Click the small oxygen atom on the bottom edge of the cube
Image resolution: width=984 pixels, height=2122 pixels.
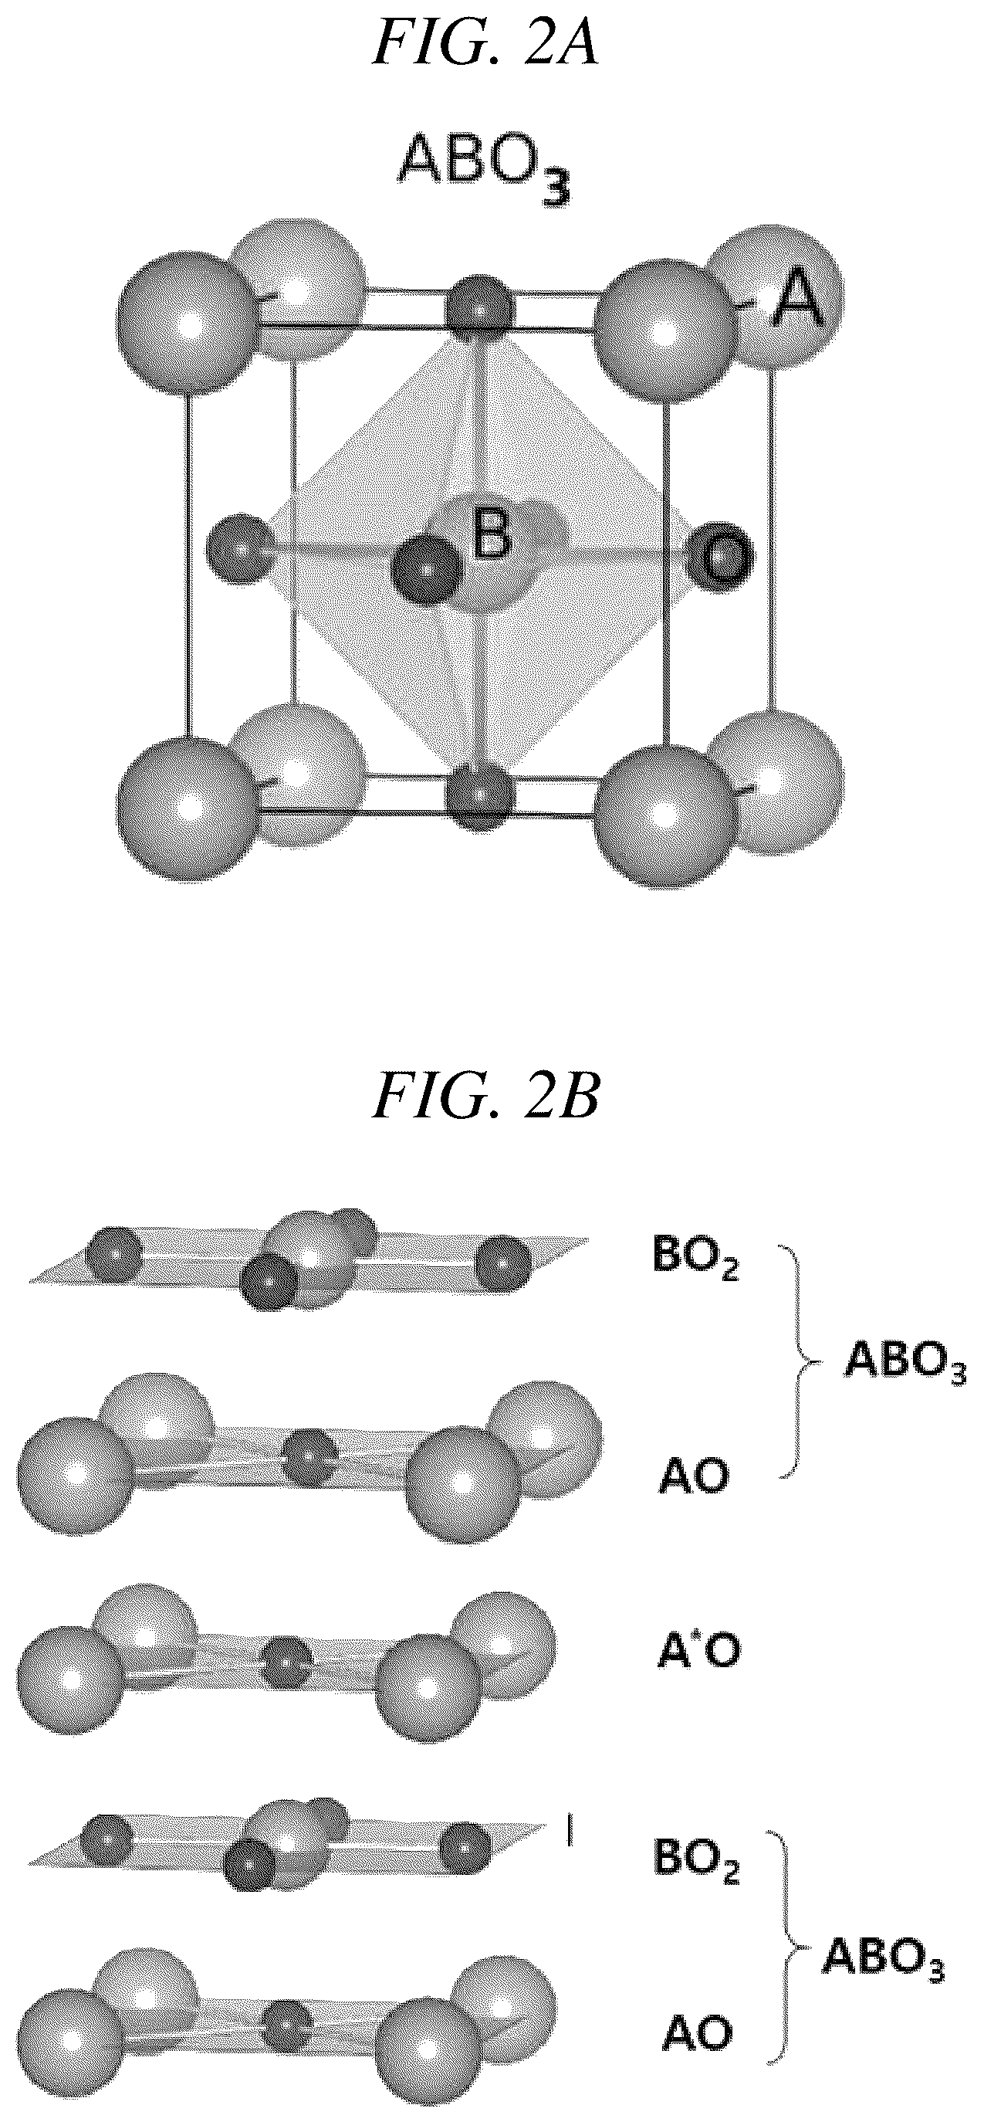coord(480,797)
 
